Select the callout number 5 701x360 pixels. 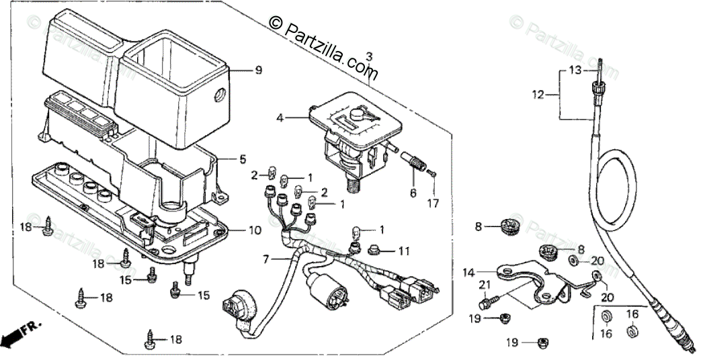(243, 159)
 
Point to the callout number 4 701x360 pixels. (280, 118)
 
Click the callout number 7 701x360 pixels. (266, 258)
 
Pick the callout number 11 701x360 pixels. (403, 251)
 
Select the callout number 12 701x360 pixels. (536, 95)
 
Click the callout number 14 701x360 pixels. (468, 273)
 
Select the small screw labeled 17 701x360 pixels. (434, 175)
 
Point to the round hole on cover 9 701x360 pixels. (218, 95)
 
